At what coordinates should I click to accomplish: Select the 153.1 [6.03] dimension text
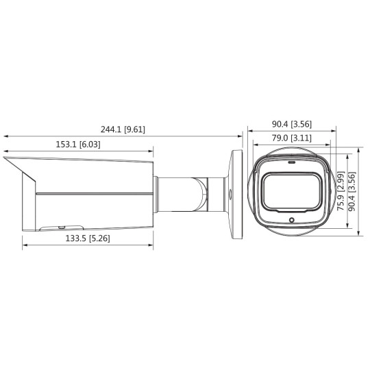click(77, 145)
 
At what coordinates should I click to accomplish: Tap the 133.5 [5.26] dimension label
click(87, 238)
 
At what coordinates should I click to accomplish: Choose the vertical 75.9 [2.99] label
click(340, 193)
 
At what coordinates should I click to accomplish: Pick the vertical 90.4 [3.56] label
click(354, 193)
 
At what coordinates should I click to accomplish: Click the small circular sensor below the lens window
click(292, 221)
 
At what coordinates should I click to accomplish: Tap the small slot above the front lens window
click(292, 164)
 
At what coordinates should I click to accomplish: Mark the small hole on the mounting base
click(231, 193)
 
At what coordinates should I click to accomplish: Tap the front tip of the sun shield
click(5, 158)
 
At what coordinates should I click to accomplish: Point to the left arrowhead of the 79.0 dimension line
click(254, 145)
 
